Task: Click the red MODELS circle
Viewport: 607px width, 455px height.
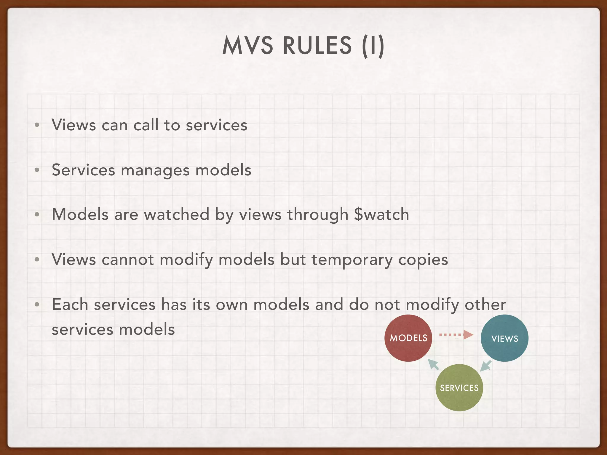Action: point(408,338)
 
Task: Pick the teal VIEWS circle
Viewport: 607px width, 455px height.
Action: point(504,338)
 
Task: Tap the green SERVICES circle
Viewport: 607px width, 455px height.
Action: point(459,387)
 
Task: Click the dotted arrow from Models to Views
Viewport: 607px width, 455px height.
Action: point(456,335)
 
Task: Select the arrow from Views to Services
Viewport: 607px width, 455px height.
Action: point(486,366)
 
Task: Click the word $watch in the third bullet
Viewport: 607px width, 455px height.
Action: point(381,214)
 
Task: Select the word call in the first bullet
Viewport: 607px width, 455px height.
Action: point(146,125)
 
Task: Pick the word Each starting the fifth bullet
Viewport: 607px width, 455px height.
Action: point(70,305)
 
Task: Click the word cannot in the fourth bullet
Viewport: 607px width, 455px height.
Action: point(128,259)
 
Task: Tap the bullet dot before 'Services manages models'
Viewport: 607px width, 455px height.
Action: point(37,170)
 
